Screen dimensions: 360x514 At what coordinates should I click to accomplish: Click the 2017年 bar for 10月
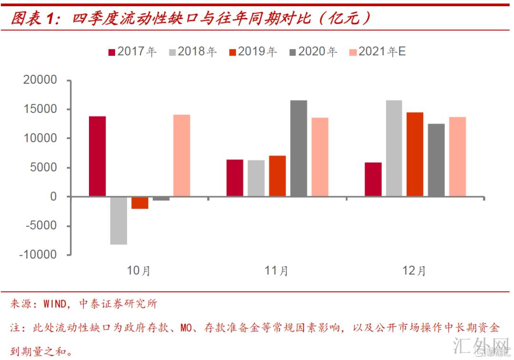click(98, 156)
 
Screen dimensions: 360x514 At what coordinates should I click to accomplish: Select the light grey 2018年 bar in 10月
click(119, 220)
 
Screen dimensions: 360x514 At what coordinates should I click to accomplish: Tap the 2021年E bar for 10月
click(181, 155)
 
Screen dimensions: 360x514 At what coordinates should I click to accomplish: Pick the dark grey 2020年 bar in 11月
click(298, 148)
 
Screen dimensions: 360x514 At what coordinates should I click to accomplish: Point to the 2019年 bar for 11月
click(277, 176)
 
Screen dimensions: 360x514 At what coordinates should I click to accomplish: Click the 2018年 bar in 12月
click(394, 148)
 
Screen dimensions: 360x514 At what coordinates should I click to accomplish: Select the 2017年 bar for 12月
click(373, 179)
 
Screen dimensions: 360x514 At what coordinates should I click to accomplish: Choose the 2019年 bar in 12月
click(415, 154)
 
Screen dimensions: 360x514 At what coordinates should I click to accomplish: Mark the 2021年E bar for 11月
click(319, 157)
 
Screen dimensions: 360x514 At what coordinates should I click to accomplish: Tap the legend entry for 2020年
click(313, 51)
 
